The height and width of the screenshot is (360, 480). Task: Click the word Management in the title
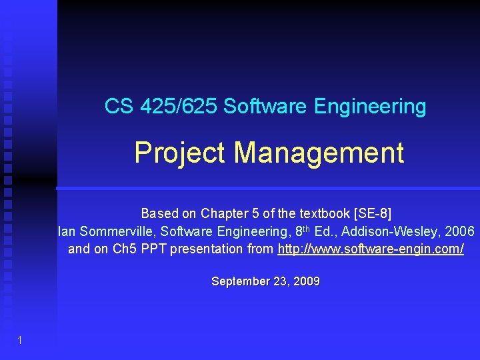319,153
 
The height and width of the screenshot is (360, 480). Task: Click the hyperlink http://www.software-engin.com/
371,249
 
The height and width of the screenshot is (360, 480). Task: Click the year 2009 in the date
307,281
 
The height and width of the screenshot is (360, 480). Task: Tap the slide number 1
20,341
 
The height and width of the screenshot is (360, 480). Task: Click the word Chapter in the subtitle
224,214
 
